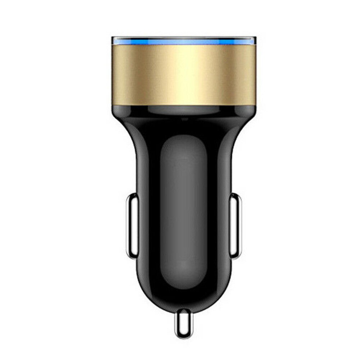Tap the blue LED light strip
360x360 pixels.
[x=183, y=42]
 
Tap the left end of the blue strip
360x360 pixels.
[x=114, y=42]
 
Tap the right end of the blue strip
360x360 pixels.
[x=253, y=42]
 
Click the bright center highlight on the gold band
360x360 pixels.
[x=183, y=72]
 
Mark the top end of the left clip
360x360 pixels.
[x=132, y=196]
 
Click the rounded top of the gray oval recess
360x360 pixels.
[x=183, y=138]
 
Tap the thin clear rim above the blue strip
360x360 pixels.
[x=183, y=37]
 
